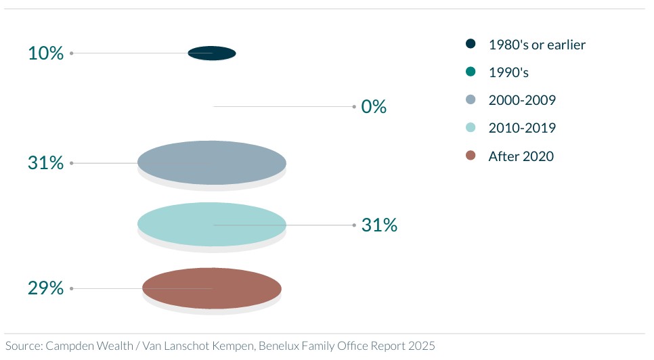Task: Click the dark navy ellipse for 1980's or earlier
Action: pos(212,53)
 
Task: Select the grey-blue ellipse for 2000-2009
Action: pos(212,162)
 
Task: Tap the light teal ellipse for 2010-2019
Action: pos(212,224)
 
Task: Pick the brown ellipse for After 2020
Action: pos(212,288)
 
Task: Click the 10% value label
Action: pos(46,53)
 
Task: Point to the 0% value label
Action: pos(374,107)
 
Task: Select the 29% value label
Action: pos(46,288)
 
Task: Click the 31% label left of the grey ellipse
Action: pos(46,163)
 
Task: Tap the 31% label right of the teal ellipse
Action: pos(379,225)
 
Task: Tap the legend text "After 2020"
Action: pos(521,156)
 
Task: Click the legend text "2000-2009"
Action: pos(522,100)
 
